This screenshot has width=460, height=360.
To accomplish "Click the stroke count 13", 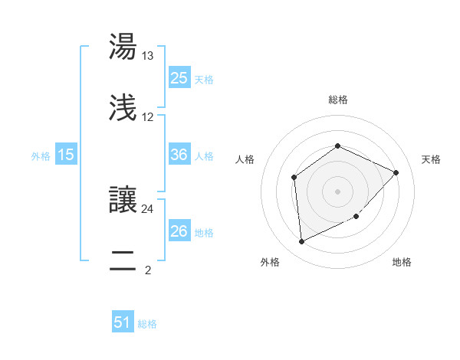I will tap(148, 56).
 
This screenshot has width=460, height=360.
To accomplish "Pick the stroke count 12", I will tap(148, 117).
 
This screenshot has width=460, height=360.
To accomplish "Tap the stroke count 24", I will tap(148, 208).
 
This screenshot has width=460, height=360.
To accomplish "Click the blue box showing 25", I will tap(179, 78).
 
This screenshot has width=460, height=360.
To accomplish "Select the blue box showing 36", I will tap(179, 155).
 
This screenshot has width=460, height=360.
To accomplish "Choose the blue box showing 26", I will tap(179, 231).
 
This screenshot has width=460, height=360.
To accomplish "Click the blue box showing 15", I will tap(66, 155).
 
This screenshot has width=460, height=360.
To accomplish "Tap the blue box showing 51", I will tap(123, 322).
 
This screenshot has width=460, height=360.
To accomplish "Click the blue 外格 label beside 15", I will tap(41, 155).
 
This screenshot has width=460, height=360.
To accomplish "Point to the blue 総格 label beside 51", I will tap(147, 324).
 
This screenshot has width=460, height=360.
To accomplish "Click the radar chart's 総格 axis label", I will tap(338, 100).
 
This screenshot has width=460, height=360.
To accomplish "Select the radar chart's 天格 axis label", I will tap(431, 159).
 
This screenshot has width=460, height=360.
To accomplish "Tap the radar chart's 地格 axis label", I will tap(402, 262).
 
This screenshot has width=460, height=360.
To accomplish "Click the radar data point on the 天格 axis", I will tap(396, 172).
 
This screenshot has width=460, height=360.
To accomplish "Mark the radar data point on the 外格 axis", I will tap(302, 241).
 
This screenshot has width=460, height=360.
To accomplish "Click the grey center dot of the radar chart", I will tap(338, 191).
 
